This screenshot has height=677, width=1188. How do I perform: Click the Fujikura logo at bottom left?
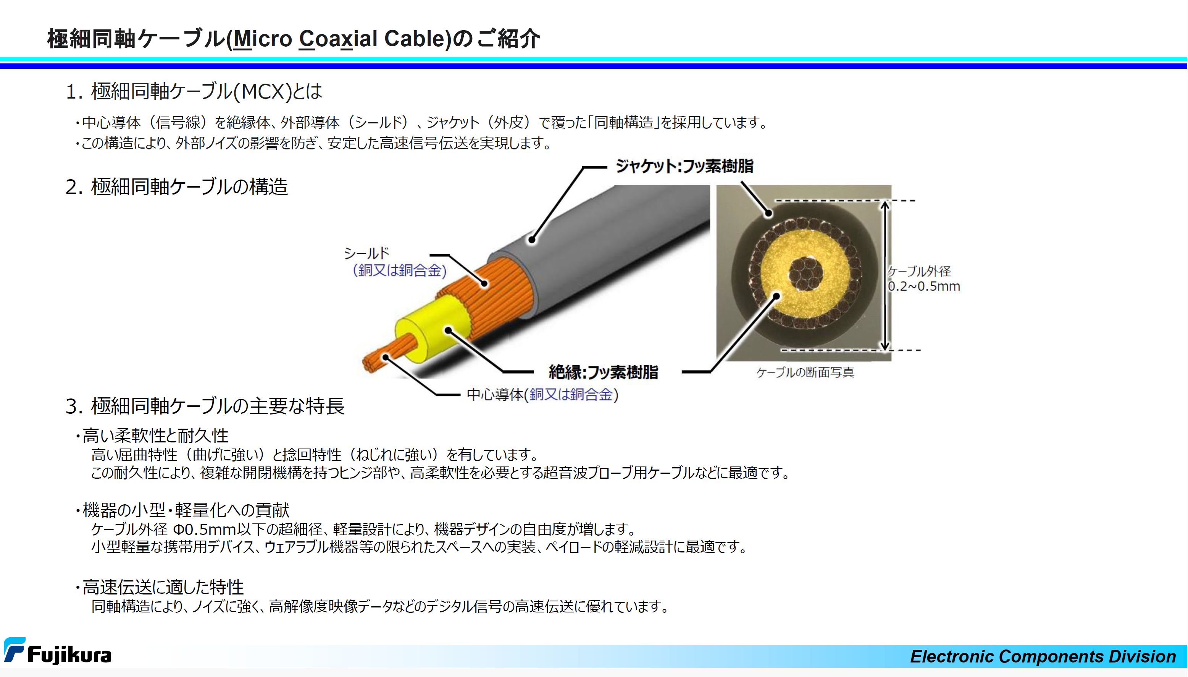pyautogui.click(x=58, y=651)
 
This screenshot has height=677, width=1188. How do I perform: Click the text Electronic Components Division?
pyautogui.click(x=1043, y=656)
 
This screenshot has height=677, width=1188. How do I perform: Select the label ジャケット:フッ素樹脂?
pyautogui.click(x=684, y=166)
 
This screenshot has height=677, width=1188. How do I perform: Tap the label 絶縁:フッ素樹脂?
pyautogui.click(x=603, y=372)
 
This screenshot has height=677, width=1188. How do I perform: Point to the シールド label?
pyautogui.click(x=366, y=253)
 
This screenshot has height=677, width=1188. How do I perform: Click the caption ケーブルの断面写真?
pyautogui.click(x=805, y=372)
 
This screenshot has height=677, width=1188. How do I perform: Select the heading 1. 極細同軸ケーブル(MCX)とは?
pyautogui.click(x=194, y=91)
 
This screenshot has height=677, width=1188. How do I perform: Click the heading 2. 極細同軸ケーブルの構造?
pyautogui.click(x=177, y=186)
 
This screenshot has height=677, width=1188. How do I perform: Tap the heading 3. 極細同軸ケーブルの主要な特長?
pyautogui.click(x=205, y=406)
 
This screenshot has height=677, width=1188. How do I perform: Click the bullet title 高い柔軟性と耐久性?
pyautogui.click(x=155, y=436)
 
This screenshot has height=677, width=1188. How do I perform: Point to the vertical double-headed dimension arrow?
pyautogui.click(x=885, y=275)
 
